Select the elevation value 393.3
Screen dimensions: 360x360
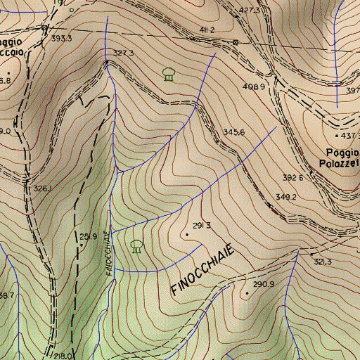62,39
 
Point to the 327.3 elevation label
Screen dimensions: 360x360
123,53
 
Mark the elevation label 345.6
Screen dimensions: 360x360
233,132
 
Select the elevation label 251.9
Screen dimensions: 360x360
88,236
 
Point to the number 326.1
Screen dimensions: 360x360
43,188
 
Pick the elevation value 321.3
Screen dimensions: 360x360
322,262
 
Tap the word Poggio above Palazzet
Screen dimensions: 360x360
342,153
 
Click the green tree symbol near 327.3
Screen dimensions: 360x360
168,73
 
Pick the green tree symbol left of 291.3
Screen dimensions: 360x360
136,245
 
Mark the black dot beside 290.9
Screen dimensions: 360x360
247,292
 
